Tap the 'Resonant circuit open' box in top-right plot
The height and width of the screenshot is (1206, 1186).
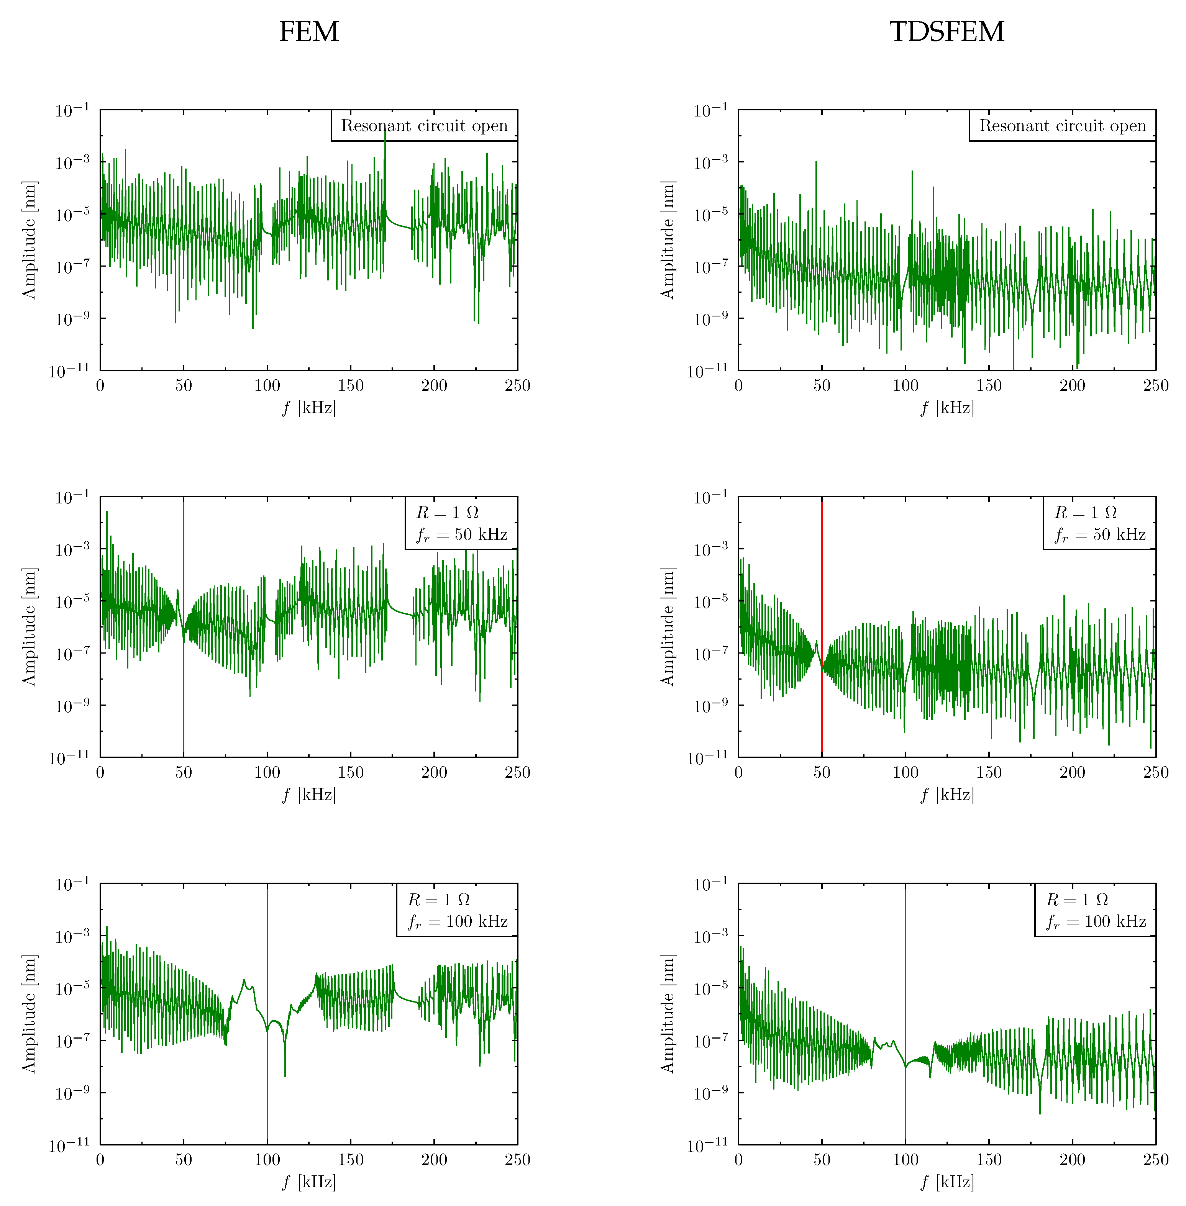tap(1062, 126)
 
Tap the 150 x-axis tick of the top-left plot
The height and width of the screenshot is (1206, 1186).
tap(351, 385)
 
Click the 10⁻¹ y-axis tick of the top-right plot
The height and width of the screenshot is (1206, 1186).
tap(710, 111)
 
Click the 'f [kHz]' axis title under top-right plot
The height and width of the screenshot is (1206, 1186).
tap(947, 408)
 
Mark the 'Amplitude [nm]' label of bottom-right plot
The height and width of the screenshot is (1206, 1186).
tap(667, 1014)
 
